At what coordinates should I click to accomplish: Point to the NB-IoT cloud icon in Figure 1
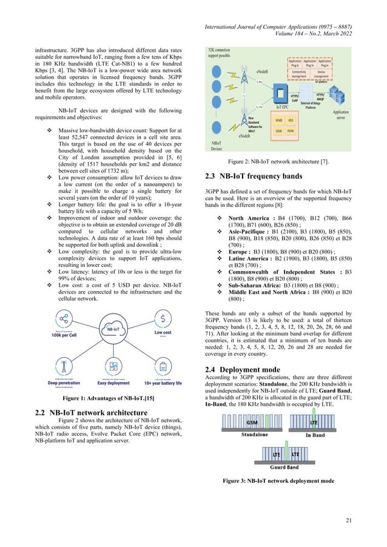tap(113, 329)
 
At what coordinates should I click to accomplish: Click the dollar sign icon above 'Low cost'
tap(163, 318)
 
